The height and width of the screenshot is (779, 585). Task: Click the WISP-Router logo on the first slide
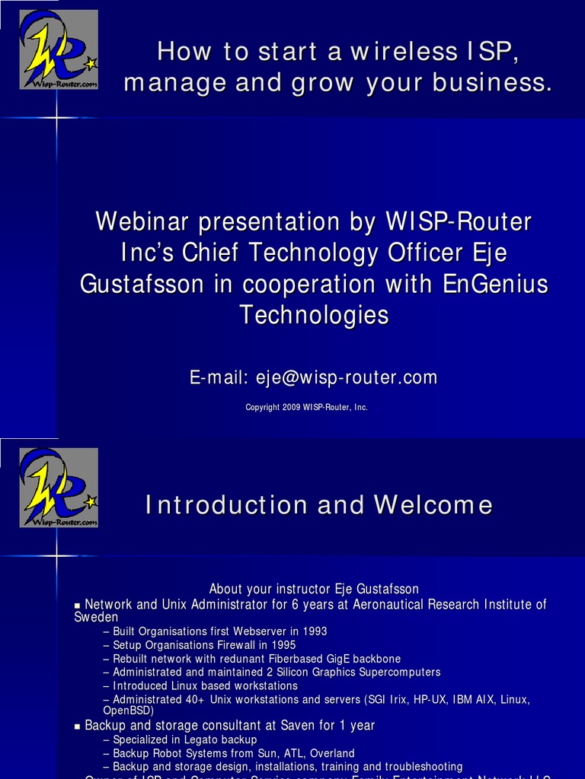[x=59, y=49]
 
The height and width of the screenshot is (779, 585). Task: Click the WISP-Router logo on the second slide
[x=59, y=488]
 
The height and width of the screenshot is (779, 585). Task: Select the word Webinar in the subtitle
[x=142, y=222]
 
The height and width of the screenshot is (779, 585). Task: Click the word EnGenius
[x=495, y=284]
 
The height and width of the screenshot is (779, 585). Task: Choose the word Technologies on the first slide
[x=314, y=314]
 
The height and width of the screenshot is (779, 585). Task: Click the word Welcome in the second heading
[x=433, y=504]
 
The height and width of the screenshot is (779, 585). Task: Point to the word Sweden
[x=96, y=617]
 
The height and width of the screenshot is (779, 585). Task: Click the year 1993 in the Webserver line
[x=314, y=631]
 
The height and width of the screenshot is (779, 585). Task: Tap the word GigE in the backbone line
[x=338, y=659]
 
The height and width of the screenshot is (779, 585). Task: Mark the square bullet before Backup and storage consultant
[x=77, y=727]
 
